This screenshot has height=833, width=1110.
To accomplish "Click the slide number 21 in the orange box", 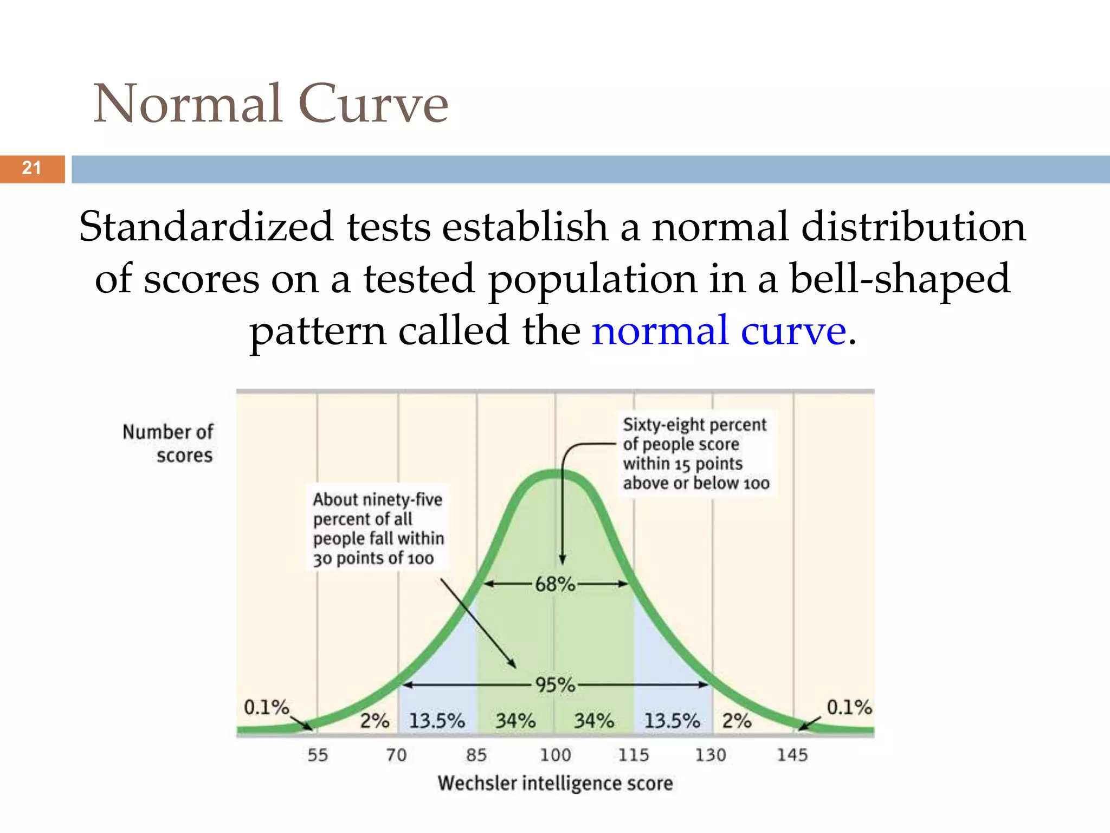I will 31,168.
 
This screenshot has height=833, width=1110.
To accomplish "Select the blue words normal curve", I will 718,330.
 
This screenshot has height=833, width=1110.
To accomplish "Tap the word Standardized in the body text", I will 205,227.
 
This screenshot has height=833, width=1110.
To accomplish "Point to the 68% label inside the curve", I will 554,584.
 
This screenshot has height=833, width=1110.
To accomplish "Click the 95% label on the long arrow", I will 554,685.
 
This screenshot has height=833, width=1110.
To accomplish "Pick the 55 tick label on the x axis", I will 318,755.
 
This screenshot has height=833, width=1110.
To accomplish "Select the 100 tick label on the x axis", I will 555,755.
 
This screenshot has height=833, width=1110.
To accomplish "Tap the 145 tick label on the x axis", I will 792,755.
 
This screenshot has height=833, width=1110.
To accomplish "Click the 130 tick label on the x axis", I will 710,755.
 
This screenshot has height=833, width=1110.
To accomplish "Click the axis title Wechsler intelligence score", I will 555,784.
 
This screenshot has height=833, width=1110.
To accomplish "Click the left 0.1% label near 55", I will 266,707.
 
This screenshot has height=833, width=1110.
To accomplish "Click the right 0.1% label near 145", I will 849,707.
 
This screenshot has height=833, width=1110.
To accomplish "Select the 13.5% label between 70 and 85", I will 437,721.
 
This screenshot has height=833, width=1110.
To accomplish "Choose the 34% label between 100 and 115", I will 594,721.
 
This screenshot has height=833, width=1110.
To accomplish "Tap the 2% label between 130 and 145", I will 737,721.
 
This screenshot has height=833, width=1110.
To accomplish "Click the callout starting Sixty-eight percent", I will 696,453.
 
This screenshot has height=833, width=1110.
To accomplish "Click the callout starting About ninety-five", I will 378,528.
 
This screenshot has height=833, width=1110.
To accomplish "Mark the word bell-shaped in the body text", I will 900,279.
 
